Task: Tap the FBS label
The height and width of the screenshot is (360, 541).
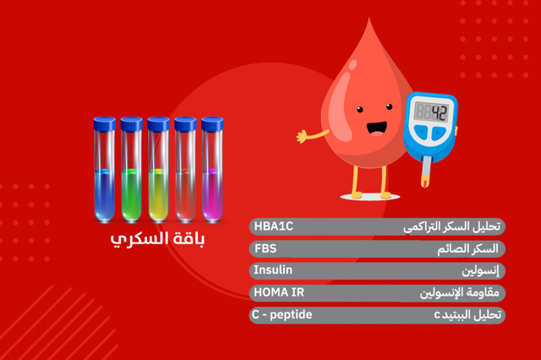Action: [x=265, y=248]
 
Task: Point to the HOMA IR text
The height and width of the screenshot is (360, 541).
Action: [x=278, y=292]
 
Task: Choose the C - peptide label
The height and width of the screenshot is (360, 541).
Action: [x=282, y=314]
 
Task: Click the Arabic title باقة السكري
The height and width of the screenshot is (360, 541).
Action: [x=158, y=239]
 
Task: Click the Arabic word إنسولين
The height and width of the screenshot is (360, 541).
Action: [x=480, y=270]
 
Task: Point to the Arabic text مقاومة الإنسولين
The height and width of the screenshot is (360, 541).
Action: [x=460, y=292]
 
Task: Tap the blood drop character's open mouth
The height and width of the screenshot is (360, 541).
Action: [x=375, y=128]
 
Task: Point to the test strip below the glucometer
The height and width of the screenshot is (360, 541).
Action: [x=427, y=177]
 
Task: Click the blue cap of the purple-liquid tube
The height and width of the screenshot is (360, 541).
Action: [x=211, y=123]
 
